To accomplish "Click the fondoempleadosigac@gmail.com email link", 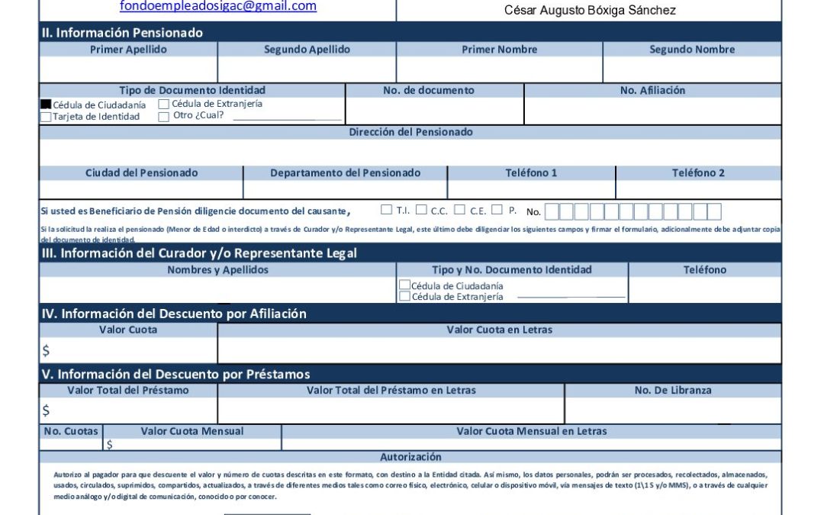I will [218, 6].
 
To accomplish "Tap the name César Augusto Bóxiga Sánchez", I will [590, 11].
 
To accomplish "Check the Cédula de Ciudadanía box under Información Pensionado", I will [46, 105].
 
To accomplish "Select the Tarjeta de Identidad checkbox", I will [46, 117].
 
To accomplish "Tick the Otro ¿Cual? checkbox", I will [163, 117].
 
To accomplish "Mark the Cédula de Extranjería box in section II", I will [163, 104].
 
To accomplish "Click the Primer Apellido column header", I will [128, 50].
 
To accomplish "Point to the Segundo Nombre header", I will [692, 50].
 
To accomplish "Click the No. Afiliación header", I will [652, 90].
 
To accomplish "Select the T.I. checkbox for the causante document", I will [387, 210].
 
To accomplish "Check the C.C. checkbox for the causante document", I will [421, 210].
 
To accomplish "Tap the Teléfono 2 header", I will [698, 173].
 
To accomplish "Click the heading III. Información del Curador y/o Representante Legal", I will [198, 253].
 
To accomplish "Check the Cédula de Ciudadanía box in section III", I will [405, 285].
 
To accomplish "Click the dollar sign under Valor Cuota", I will [46, 351].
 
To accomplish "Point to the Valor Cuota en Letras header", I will [499, 330].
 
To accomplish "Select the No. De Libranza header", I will [672, 390].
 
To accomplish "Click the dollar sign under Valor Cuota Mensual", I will [109, 444].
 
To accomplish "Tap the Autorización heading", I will [410, 457].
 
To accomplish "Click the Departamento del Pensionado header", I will [345, 173].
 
